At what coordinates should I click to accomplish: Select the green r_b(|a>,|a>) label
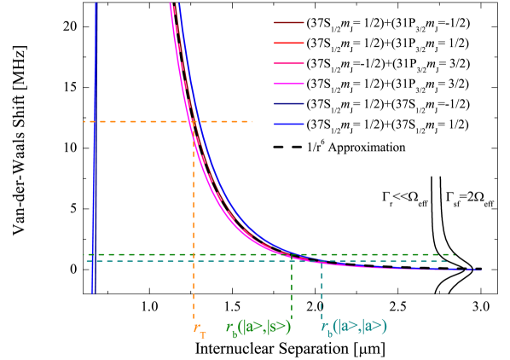point(259,326)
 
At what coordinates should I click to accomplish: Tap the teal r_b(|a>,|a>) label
point(354,326)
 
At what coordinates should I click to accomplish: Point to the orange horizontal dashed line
point(136,122)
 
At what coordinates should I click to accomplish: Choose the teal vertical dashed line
point(322,290)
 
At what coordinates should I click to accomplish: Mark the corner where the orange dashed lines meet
point(194,122)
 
